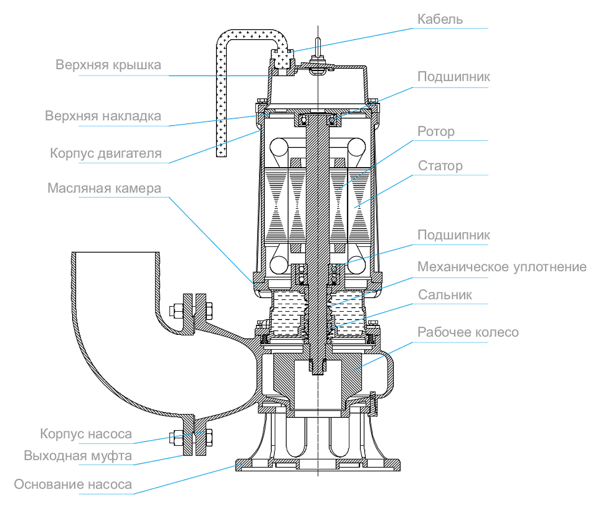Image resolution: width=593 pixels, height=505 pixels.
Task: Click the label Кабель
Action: coord(440,19)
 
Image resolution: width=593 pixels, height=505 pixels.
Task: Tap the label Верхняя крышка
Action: coord(108,65)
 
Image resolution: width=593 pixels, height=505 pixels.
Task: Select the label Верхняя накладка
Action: coord(103,116)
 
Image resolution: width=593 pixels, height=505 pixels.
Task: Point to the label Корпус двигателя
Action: coord(106,154)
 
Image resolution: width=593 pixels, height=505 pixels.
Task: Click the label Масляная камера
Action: coord(104,188)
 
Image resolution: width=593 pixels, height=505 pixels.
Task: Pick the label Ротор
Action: coord(436,132)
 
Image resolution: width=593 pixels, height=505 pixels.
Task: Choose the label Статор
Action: coord(440,166)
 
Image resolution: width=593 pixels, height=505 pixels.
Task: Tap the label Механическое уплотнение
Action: coord(502,267)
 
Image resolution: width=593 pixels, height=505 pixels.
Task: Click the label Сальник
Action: coord(445,295)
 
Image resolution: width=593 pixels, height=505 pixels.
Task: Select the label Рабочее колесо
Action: coord(468,332)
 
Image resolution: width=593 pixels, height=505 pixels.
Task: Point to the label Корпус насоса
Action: coord(86,434)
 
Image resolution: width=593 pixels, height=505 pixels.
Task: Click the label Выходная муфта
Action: coord(78,456)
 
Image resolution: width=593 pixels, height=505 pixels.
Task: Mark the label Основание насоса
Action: coord(73,485)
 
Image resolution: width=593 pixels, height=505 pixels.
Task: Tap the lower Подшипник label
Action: coord(454,235)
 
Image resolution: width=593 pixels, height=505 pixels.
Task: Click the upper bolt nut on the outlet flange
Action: coord(209,311)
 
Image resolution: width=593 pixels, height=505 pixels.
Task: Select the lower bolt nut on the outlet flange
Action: coord(209,438)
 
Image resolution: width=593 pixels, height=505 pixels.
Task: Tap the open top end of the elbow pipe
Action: coord(115,253)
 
